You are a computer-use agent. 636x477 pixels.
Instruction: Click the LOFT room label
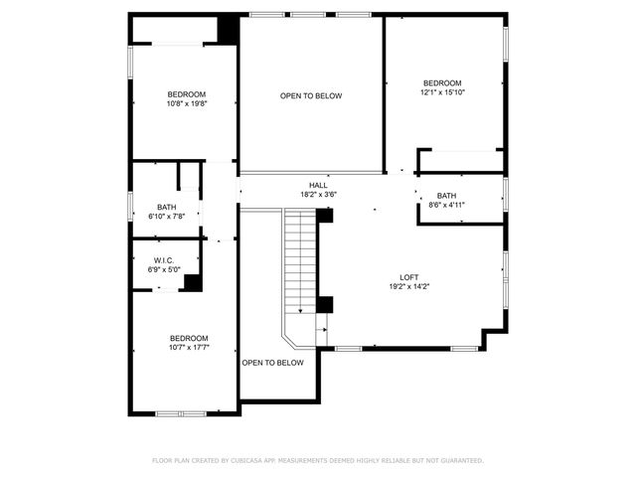click(407, 277)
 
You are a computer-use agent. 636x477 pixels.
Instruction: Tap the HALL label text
click(318, 185)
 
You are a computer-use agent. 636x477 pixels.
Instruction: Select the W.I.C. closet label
click(164, 260)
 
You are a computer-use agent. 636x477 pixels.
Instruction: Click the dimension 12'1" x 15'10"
click(442, 92)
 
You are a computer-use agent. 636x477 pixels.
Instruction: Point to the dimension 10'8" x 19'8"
click(187, 103)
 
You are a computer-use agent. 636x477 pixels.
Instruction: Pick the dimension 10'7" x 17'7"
click(188, 347)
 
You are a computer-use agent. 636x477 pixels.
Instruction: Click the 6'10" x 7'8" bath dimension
click(165, 216)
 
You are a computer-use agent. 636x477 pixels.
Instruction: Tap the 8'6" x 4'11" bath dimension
click(446, 205)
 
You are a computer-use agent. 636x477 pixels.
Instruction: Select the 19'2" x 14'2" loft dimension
click(407, 286)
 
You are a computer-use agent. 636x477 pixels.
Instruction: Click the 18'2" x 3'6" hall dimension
click(318, 194)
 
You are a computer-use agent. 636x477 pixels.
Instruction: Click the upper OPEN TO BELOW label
click(311, 96)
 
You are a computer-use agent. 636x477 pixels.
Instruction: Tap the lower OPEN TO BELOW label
click(272, 363)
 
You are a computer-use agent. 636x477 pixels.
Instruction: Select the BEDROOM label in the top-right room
click(442, 83)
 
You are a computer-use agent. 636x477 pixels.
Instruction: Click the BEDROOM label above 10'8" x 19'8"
click(187, 94)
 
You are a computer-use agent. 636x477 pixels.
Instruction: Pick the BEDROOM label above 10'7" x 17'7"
click(188, 338)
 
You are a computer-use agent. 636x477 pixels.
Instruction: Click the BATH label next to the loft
click(446, 196)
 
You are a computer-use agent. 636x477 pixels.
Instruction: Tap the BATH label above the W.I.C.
click(165, 207)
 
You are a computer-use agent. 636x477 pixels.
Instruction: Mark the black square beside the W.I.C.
click(193, 282)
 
